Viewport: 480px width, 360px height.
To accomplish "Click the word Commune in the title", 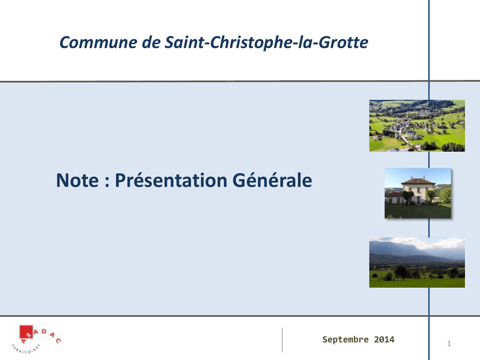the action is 98,42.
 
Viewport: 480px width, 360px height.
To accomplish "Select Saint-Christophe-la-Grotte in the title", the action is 266,42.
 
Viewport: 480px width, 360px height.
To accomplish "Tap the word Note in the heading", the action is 77,180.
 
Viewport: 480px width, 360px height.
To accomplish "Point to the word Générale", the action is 272,180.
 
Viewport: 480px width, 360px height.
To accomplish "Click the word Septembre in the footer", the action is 345,339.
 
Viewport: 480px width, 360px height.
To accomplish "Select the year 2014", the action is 384,339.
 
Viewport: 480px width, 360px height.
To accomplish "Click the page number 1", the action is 449,344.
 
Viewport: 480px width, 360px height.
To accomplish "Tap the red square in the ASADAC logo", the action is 26,331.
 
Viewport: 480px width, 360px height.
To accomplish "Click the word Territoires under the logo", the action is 26,349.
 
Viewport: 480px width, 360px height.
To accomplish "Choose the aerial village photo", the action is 417,126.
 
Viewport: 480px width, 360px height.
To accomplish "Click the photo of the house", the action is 418,193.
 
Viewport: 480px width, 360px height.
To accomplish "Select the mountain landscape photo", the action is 417,262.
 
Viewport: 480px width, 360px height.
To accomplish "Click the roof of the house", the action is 418,181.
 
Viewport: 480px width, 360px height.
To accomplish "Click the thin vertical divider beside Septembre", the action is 282,340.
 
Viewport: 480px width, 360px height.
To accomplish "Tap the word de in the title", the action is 151,42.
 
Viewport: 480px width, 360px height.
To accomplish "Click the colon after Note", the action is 107,181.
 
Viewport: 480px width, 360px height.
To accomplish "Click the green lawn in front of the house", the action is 418,211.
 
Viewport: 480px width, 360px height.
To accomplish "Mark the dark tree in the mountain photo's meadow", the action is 402,271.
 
